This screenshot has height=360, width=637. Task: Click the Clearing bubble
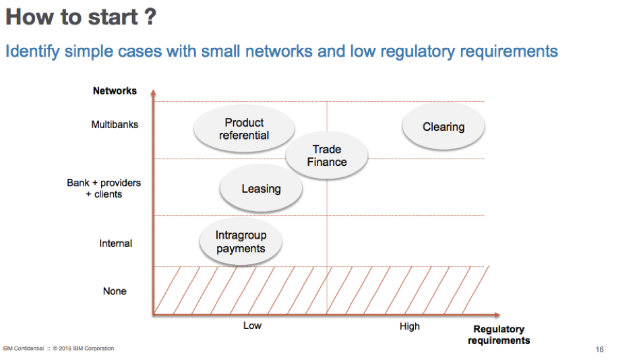click(x=444, y=126)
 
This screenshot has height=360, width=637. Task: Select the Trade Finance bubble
click(x=327, y=155)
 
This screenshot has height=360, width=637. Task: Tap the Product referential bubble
click(x=244, y=129)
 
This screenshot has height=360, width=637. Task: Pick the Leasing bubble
click(x=262, y=189)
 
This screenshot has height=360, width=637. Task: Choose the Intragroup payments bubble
click(x=241, y=242)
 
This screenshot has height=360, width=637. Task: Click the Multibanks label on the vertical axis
click(x=115, y=124)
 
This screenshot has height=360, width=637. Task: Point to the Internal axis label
click(x=115, y=243)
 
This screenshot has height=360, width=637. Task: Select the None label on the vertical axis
click(x=115, y=291)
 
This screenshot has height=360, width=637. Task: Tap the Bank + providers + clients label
click(x=104, y=189)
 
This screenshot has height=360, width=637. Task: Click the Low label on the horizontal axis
click(x=252, y=326)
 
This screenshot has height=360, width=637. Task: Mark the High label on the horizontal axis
click(x=410, y=326)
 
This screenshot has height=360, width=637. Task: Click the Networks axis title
click(x=115, y=90)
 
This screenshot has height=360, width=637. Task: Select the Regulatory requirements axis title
click(x=499, y=334)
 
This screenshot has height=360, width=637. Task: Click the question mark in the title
click(x=150, y=17)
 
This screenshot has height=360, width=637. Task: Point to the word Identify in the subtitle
click(x=32, y=52)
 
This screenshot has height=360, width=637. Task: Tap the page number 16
click(x=600, y=349)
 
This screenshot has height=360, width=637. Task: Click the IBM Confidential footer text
click(x=23, y=349)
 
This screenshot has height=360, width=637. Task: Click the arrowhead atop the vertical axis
click(x=153, y=92)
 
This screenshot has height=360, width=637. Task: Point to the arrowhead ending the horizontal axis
click(x=497, y=315)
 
